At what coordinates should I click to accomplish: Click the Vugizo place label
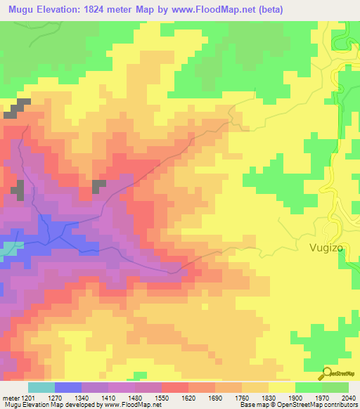(328, 247)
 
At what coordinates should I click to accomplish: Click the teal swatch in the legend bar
(41, 387)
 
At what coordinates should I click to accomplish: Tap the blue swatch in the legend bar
(68, 387)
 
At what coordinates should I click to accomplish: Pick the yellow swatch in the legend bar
(281, 387)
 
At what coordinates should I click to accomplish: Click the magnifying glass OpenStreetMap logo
(326, 374)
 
